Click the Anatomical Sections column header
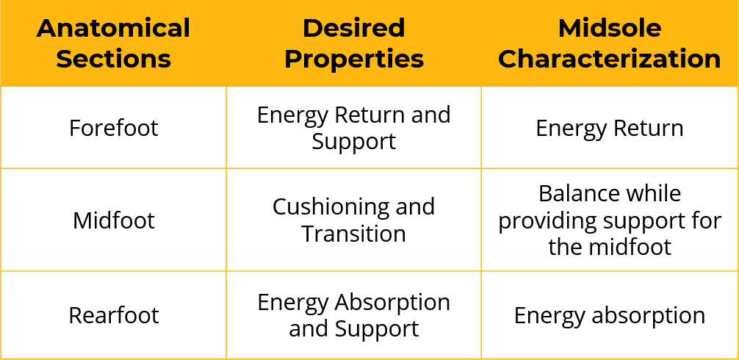(x=113, y=43)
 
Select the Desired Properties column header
(x=354, y=43)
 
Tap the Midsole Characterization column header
(x=610, y=43)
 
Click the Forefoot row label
(x=114, y=128)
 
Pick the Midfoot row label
(x=114, y=220)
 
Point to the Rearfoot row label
(x=114, y=314)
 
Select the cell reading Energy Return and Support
(x=354, y=128)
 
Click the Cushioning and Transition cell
(x=354, y=220)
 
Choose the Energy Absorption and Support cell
(x=354, y=314)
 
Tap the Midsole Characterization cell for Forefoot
(x=610, y=128)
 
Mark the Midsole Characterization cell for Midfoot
(x=610, y=220)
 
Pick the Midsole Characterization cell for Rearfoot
(x=610, y=314)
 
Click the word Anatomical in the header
(x=113, y=28)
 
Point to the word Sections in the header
(x=114, y=60)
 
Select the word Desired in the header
(x=354, y=28)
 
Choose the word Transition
(x=354, y=234)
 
